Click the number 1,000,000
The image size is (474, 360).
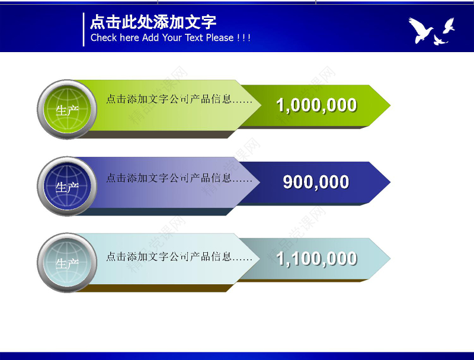(x=316, y=105)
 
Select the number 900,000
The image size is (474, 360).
(x=316, y=182)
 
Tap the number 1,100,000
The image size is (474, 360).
(x=316, y=259)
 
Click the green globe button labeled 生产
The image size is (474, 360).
(x=67, y=110)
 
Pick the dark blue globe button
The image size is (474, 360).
(x=67, y=187)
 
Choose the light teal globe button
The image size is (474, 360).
(x=67, y=263)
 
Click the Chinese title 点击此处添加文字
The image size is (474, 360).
(x=153, y=22)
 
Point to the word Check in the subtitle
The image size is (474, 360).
(x=104, y=38)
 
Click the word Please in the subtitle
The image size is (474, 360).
(x=219, y=38)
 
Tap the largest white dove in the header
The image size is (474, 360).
(x=421, y=30)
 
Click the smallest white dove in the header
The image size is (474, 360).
(x=439, y=40)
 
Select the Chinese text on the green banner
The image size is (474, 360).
(x=179, y=99)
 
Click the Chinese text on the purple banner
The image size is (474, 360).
(x=179, y=178)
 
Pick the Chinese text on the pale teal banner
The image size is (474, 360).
(x=179, y=257)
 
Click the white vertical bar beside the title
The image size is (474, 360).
(x=84, y=29)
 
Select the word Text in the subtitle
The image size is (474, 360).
(x=194, y=38)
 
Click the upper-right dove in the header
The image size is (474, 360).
(x=449, y=25)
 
